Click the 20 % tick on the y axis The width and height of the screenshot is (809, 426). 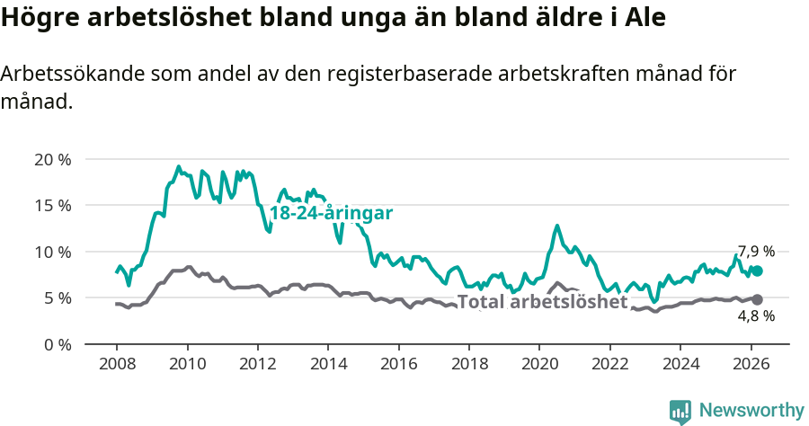pyautogui.click(x=52, y=160)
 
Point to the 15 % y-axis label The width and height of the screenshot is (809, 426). pyautogui.click(x=52, y=206)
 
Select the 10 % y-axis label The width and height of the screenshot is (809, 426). pyautogui.click(x=52, y=252)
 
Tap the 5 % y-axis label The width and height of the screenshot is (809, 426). pyautogui.click(x=57, y=297)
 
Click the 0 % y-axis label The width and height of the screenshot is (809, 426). pyautogui.click(x=57, y=344)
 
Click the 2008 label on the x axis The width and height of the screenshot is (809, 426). pyautogui.click(x=117, y=364)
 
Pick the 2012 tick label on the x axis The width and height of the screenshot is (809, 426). pyautogui.click(x=258, y=364)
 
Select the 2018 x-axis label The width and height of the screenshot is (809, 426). pyautogui.click(x=469, y=364)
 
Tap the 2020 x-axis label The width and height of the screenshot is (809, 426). pyautogui.click(x=539, y=364)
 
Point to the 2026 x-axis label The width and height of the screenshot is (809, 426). pyautogui.click(x=751, y=364)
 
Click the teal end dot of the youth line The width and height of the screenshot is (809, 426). pyautogui.click(x=757, y=271)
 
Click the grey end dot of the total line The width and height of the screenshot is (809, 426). pyautogui.click(x=757, y=299)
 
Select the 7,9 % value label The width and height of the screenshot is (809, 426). pyautogui.click(x=756, y=251)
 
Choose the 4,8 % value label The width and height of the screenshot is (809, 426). pyautogui.click(x=756, y=316)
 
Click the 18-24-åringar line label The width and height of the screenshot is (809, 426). pyautogui.click(x=331, y=213)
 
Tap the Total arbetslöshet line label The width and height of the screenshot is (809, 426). pyautogui.click(x=542, y=302)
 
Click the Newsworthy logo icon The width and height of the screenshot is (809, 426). pyautogui.click(x=680, y=411)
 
